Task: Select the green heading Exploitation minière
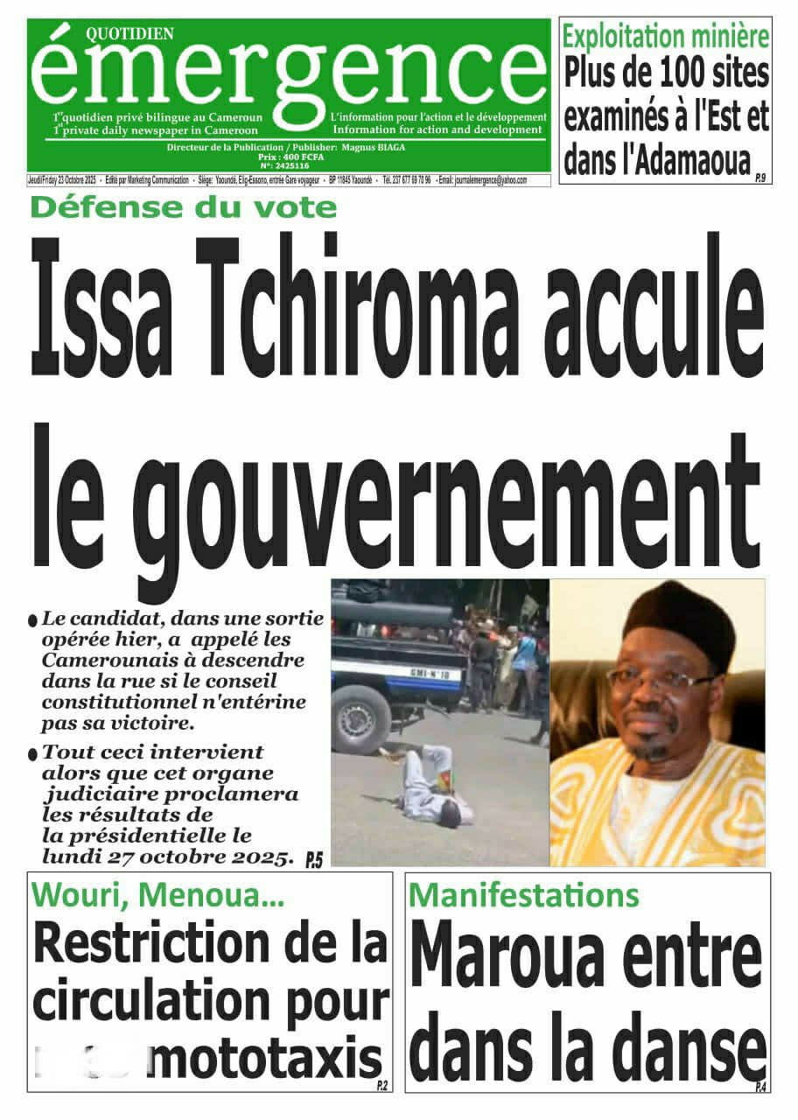[x=666, y=38]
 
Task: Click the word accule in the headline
[x=661, y=299]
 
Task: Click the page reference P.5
[x=314, y=861]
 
